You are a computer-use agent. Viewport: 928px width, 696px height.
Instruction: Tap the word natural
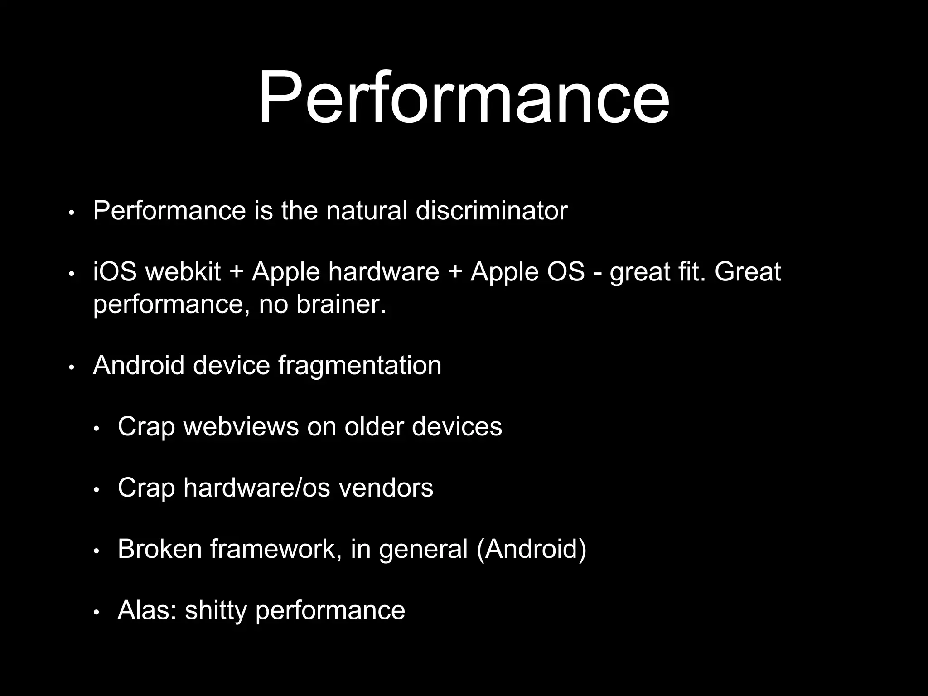tap(367, 211)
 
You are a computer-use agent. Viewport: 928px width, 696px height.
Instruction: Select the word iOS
tap(115, 272)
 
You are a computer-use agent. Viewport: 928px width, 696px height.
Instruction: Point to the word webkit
tap(183, 272)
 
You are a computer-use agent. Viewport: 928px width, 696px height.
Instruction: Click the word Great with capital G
tap(748, 272)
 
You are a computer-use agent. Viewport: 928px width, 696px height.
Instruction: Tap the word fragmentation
tap(360, 365)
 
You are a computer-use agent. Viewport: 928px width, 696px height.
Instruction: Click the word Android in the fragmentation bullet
tap(139, 365)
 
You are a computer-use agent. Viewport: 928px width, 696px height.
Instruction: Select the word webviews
tap(241, 426)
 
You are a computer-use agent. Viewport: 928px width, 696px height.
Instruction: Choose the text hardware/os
tap(257, 488)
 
